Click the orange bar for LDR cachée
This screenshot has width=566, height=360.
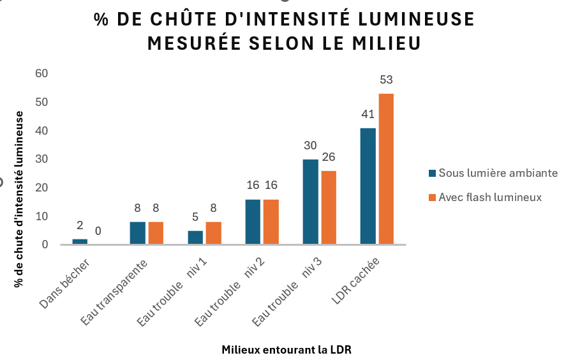click(x=386, y=169)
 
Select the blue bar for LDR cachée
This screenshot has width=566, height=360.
click(x=368, y=186)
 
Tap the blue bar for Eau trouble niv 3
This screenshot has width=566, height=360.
click(x=311, y=202)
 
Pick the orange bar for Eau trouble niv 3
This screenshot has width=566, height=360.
click(x=329, y=207)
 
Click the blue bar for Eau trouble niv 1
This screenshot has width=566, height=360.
click(x=195, y=237)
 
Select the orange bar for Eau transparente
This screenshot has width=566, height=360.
click(x=156, y=233)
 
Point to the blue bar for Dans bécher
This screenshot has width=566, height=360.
click(x=80, y=241)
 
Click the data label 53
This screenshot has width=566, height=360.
click(x=386, y=80)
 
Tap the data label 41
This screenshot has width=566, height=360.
click(x=368, y=115)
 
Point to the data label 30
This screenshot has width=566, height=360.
click(x=310, y=146)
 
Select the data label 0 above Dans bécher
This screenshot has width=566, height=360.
click(x=98, y=230)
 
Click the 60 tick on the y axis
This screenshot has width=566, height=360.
click(x=42, y=74)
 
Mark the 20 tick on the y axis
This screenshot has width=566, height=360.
click(x=42, y=188)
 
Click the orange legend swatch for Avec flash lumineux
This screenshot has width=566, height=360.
click(x=432, y=198)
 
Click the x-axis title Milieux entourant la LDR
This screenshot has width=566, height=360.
click(x=287, y=350)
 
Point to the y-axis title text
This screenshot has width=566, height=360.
click(x=20, y=198)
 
